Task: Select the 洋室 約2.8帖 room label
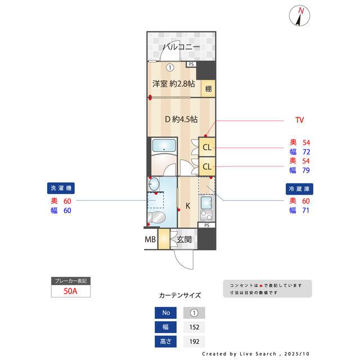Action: coord(173,84)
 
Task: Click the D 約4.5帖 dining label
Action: coord(181,119)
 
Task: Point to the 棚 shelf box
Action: coord(209,88)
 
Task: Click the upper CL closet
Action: coord(207,148)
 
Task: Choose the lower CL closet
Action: coord(207,166)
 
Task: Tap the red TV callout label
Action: coord(300,120)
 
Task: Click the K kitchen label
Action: coord(188,206)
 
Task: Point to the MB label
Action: coord(150,240)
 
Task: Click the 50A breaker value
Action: coord(70,291)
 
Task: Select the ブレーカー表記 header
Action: coord(70,281)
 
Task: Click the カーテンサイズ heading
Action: coord(179,295)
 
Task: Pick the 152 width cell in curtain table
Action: coord(194,327)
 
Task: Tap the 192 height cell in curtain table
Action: coord(194,341)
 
